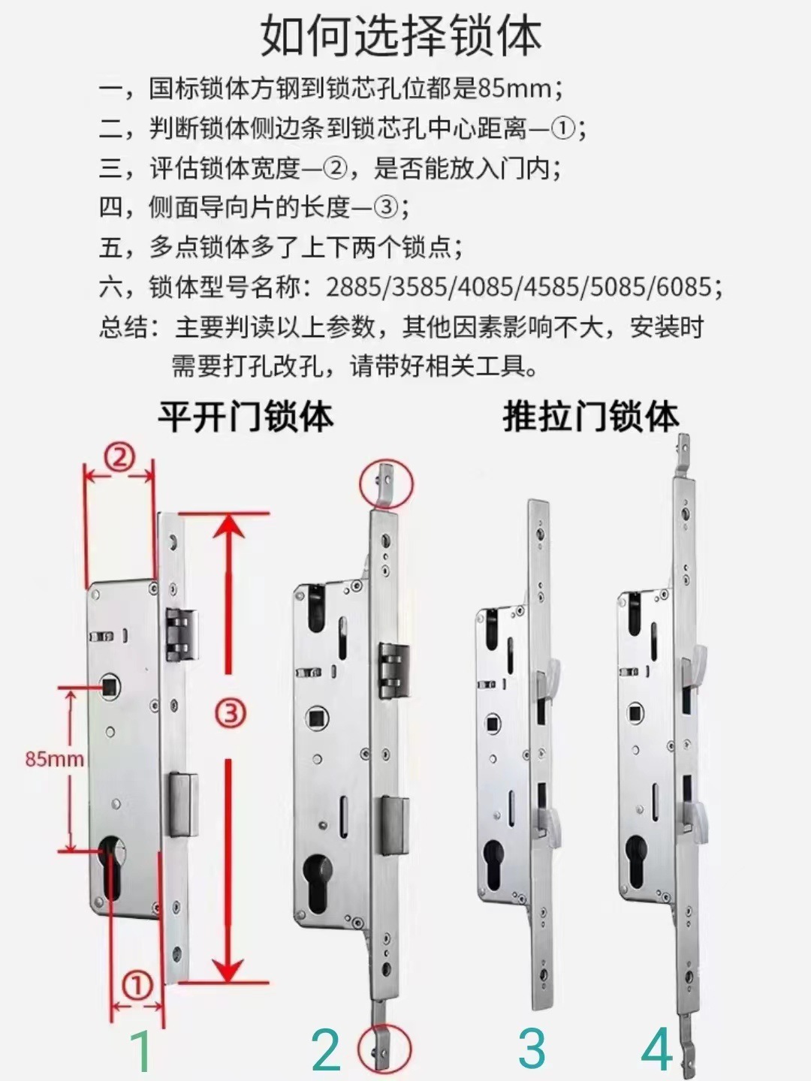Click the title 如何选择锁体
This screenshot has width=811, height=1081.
point(401,35)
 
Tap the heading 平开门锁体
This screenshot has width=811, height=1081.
point(245,417)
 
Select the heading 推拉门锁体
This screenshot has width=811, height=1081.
point(590,417)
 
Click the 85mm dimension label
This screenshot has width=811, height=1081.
point(54,758)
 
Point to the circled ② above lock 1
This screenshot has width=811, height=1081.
point(122,456)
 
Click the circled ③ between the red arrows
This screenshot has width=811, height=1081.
point(231,712)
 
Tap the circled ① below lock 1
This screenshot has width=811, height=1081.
point(137,986)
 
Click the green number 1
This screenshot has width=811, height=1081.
point(140,1050)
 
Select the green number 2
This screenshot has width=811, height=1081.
point(326,1050)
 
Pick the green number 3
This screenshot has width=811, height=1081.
point(532,1049)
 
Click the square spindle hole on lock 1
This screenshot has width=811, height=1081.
point(110,684)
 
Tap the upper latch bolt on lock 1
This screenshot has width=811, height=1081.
point(181,634)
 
